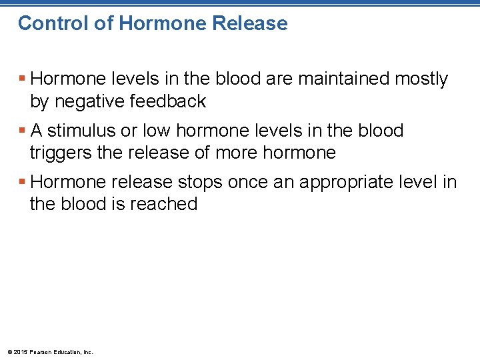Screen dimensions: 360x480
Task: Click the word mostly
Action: point(421,79)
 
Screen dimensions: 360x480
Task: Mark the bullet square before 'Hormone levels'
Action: point(23,79)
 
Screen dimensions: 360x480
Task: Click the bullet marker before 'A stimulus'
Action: point(23,131)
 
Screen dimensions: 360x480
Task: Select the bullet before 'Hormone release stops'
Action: point(23,182)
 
